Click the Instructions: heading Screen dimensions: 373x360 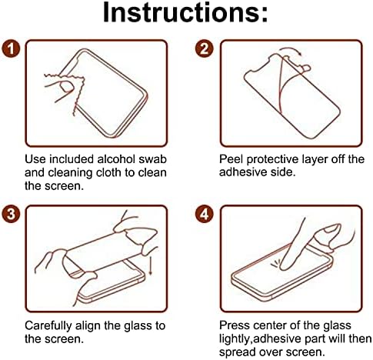pyautogui.click(x=185, y=13)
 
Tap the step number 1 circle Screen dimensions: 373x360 pyautogui.click(x=11, y=48)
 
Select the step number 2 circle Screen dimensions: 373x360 pyautogui.click(x=205, y=48)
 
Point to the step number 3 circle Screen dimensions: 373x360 pyautogui.click(x=11, y=214)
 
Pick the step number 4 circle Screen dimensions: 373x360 pyautogui.click(x=205, y=214)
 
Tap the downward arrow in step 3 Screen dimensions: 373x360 pyautogui.click(x=151, y=266)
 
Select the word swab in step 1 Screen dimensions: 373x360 pyautogui.click(x=153, y=159)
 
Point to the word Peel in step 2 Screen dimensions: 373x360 pyautogui.click(x=231, y=159)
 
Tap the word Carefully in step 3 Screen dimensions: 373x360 pyautogui.click(x=48, y=326)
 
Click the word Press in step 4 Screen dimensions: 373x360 pyautogui.click(x=232, y=325)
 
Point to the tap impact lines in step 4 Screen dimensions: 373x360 pyautogui.click(x=275, y=263)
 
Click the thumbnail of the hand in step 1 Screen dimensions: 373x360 pyautogui.click(x=66, y=86)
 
